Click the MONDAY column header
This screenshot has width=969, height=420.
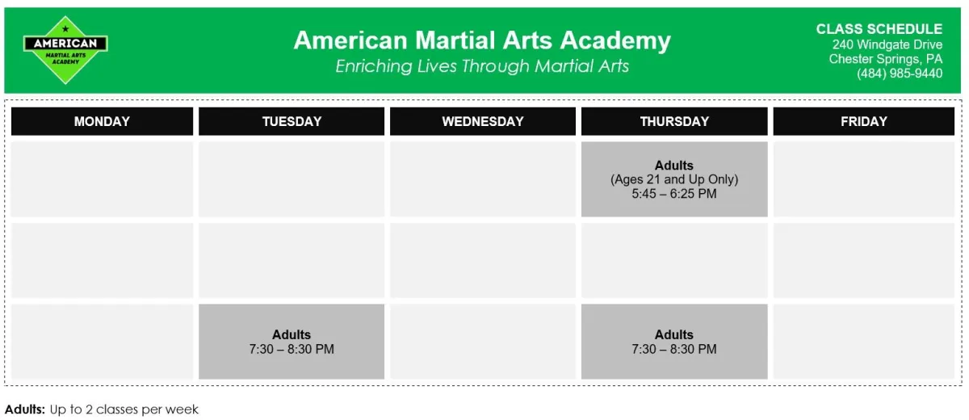[x=102, y=121]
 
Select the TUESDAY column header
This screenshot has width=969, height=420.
[x=292, y=121]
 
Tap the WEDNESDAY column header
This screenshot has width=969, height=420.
[x=483, y=121]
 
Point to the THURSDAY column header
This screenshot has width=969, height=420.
[x=674, y=121]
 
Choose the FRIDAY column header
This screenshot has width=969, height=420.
[x=864, y=121]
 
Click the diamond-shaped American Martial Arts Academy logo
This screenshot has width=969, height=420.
[x=65, y=50]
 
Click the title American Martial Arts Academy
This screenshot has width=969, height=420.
[x=482, y=40]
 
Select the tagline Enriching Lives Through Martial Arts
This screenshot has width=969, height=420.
[x=482, y=66]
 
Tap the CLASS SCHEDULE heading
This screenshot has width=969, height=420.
[x=879, y=29]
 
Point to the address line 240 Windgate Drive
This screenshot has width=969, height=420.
[x=887, y=44]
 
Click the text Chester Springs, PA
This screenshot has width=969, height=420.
[x=886, y=59]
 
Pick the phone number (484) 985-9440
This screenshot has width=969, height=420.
[x=900, y=73]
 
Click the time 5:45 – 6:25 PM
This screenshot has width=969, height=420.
[x=674, y=194]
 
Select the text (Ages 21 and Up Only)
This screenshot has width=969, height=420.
[x=674, y=179]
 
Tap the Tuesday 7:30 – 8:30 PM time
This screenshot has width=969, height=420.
[x=292, y=349]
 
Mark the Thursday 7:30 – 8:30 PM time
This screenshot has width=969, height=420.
[x=674, y=349]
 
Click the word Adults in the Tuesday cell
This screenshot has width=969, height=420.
[x=292, y=335]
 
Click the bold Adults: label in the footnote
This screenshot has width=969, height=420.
[x=25, y=409]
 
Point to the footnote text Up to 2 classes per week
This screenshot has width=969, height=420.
[x=124, y=409]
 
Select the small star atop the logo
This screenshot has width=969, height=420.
[x=65, y=29]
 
